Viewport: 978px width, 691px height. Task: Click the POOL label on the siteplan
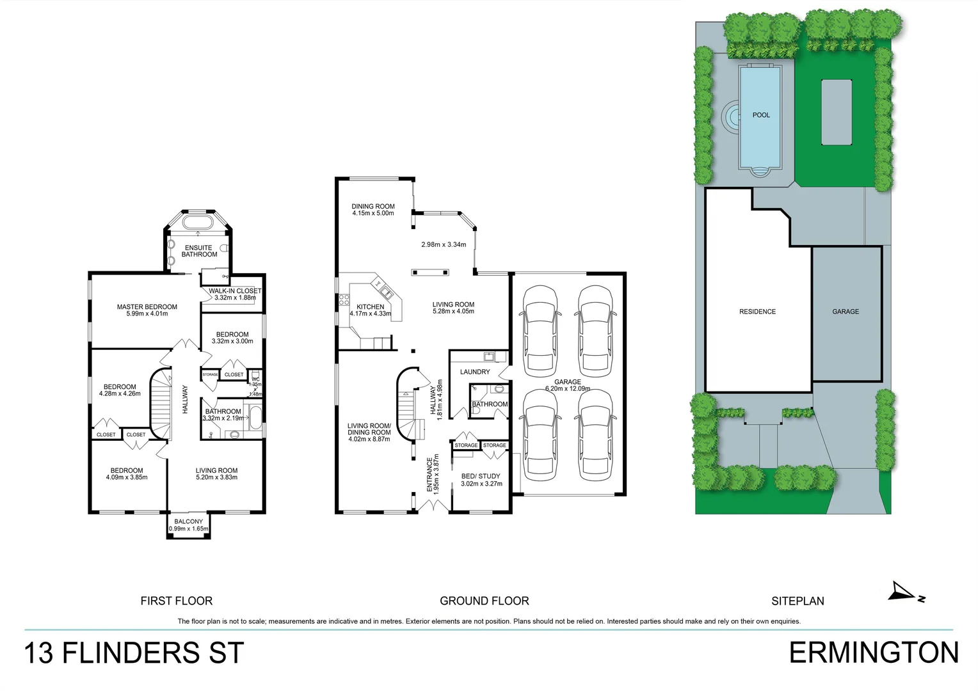tap(761, 115)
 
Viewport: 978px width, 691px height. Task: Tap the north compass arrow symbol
tap(904, 592)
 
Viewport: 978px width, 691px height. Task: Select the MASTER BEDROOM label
tap(147, 307)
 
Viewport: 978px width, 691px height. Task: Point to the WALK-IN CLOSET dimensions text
tap(235, 298)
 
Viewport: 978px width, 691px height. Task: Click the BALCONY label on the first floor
tap(188, 522)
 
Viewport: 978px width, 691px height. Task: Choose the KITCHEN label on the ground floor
tap(371, 307)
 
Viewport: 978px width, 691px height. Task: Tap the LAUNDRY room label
tap(475, 372)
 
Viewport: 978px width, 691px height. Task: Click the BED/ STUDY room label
tap(481, 476)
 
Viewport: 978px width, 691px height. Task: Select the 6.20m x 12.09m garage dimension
tap(568, 389)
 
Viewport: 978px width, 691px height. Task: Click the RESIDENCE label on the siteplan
tap(757, 312)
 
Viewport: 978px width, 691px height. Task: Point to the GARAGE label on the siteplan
tap(846, 312)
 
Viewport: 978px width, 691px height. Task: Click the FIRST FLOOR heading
tap(177, 601)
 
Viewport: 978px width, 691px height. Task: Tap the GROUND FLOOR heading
tap(485, 601)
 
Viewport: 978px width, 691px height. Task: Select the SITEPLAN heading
tap(798, 601)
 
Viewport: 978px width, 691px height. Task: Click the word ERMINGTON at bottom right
tap(874, 653)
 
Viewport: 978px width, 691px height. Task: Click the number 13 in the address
tap(39, 654)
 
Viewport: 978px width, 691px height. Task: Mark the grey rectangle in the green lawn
tap(837, 113)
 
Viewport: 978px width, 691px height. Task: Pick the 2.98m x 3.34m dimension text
tap(444, 244)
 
